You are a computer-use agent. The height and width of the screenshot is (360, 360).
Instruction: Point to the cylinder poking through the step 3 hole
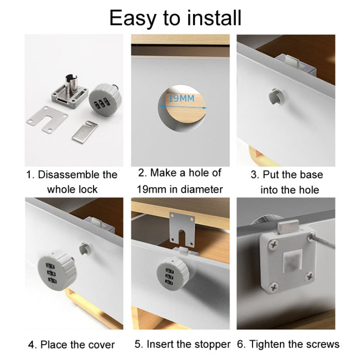point(277,95)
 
